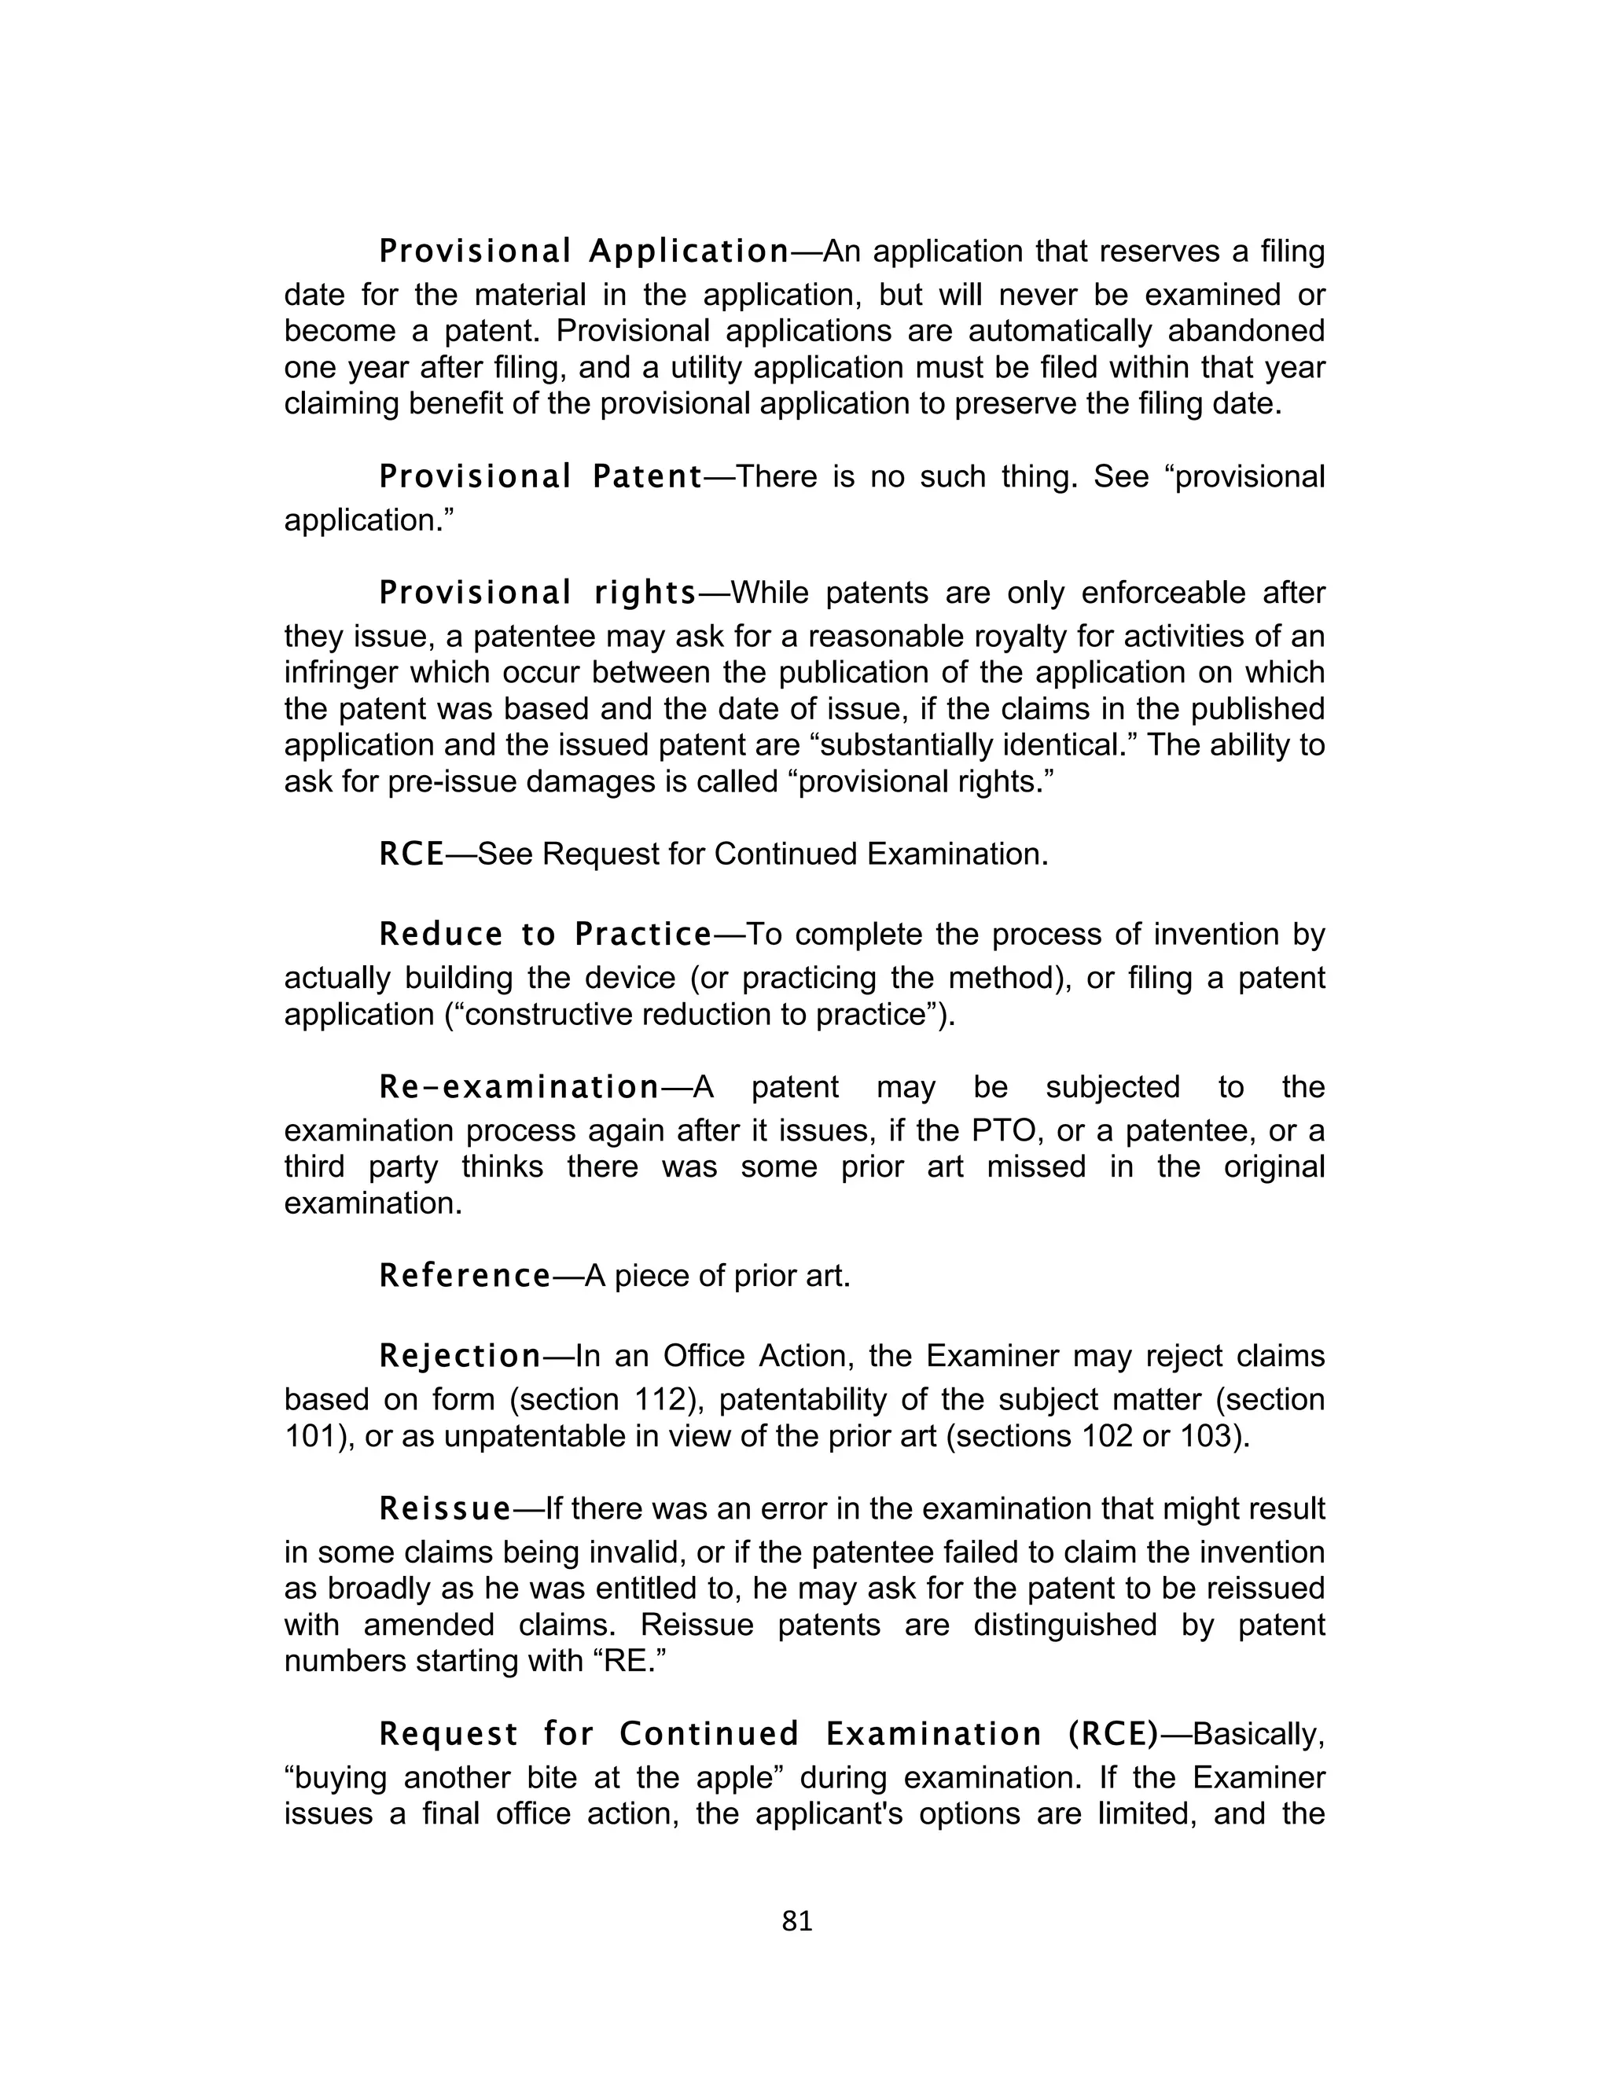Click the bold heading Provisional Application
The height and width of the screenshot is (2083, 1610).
[x=584, y=252]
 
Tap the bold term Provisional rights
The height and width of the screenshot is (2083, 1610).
[x=538, y=593]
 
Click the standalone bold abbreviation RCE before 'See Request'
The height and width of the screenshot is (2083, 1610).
[x=411, y=854]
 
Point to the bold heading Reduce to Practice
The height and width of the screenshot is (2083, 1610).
[x=546, y=935]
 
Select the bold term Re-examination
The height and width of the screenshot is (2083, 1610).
[x=520, y=1087]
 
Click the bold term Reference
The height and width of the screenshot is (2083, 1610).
[x=465, y=1275]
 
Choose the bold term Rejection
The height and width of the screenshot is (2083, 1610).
[x=461, y=1355]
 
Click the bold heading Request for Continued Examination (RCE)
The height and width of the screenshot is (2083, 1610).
[x=768, y=1733]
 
